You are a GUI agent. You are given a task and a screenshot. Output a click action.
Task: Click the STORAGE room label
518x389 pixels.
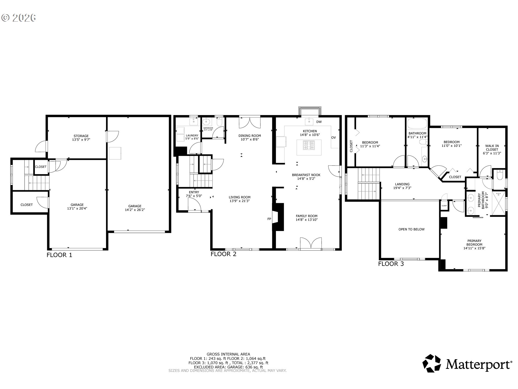tap(81, 136)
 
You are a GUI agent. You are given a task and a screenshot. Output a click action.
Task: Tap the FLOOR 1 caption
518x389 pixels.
tap(59, 255)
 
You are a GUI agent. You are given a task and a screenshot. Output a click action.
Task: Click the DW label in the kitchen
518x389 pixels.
tap(319, 122)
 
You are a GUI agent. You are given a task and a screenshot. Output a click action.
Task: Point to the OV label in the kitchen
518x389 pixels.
tap(333, 138)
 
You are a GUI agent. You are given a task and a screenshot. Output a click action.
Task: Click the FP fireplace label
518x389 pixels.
tap(269, 219)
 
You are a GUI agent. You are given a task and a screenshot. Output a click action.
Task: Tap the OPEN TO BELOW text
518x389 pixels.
tap(411, 229)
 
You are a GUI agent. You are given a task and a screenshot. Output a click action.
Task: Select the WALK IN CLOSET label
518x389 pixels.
tap(492, 147)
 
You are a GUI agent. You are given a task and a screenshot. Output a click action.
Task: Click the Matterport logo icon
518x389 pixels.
tap(431, 363)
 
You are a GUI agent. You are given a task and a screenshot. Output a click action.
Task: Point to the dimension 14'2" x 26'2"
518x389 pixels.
tap(135, 210)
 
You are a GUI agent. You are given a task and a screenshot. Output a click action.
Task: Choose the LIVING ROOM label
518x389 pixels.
tap(240, 197)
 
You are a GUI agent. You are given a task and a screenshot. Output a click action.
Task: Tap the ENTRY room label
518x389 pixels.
tap(194, 192)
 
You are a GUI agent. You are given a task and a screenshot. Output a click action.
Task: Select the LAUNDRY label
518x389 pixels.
tap(192, 135)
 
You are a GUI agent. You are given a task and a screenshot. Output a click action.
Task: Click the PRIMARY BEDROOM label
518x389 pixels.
tap(474, 241)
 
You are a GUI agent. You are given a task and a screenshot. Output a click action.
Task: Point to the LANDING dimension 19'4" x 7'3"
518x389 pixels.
tap(402, 188)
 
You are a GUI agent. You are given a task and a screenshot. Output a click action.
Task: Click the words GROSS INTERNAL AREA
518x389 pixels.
tap(228, 354)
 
